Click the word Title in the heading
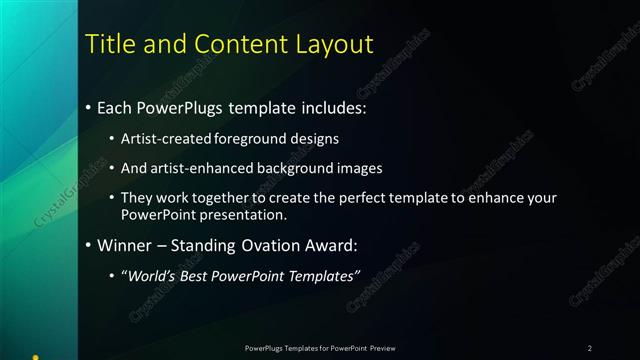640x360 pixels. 109,44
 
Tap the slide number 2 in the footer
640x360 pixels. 590,348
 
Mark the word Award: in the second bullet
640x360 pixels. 329,244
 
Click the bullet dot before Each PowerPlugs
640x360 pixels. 89,107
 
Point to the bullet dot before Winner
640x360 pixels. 89,244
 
